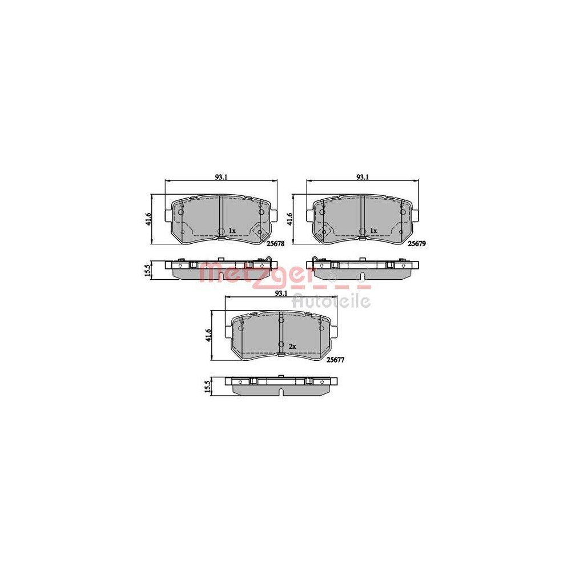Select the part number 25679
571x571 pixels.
tap(417, 243)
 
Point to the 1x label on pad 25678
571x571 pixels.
tap(232, 231)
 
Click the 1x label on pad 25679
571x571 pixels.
tap(373, 231)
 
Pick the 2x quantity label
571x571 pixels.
tap(292, 347)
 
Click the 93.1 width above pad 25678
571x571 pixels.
tap(222, 177)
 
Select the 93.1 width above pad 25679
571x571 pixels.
tap(362, 177)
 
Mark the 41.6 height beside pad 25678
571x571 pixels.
tap(148, 219)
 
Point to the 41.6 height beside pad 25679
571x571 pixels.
tap(290, 219)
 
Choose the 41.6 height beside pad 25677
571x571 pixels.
tap(209, 335)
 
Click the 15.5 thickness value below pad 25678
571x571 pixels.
tap(148, 270)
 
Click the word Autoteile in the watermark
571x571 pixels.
tap(331, 300)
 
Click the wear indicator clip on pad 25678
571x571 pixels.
tap(260, 232)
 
